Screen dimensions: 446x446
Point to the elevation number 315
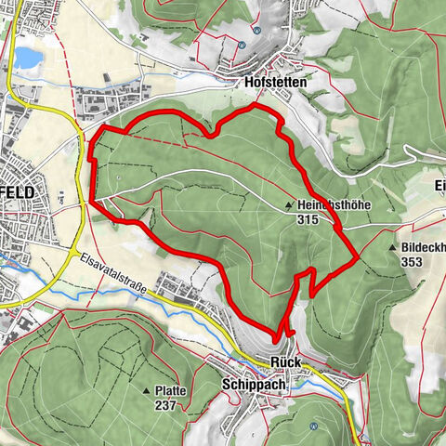pos(308,220)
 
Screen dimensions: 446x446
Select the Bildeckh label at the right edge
pos(424,247)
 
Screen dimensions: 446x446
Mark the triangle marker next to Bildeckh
pos(395,248)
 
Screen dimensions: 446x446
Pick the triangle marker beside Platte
pos(147,391)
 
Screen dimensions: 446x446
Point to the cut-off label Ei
pos(439,184)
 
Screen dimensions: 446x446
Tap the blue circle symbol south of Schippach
pos(314,426)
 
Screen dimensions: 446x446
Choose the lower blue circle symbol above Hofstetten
pos(242,44)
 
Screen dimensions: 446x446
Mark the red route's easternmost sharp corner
pos(359,259)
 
